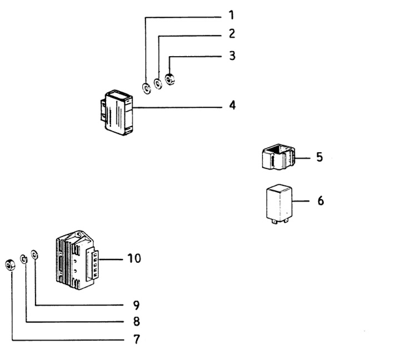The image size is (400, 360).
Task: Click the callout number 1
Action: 232,13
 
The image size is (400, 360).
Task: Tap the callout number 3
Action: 232,56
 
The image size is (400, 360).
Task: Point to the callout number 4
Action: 232,104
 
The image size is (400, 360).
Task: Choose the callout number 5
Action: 319,157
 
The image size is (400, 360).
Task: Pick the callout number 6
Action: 320,200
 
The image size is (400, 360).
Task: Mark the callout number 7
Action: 136,338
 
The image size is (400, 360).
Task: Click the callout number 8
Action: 136,321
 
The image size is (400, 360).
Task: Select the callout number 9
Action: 136,304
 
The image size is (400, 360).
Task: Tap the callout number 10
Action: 134,258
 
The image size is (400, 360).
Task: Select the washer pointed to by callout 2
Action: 158,84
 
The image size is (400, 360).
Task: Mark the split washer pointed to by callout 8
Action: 24,259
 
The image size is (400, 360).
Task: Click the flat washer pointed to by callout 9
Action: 35,255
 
